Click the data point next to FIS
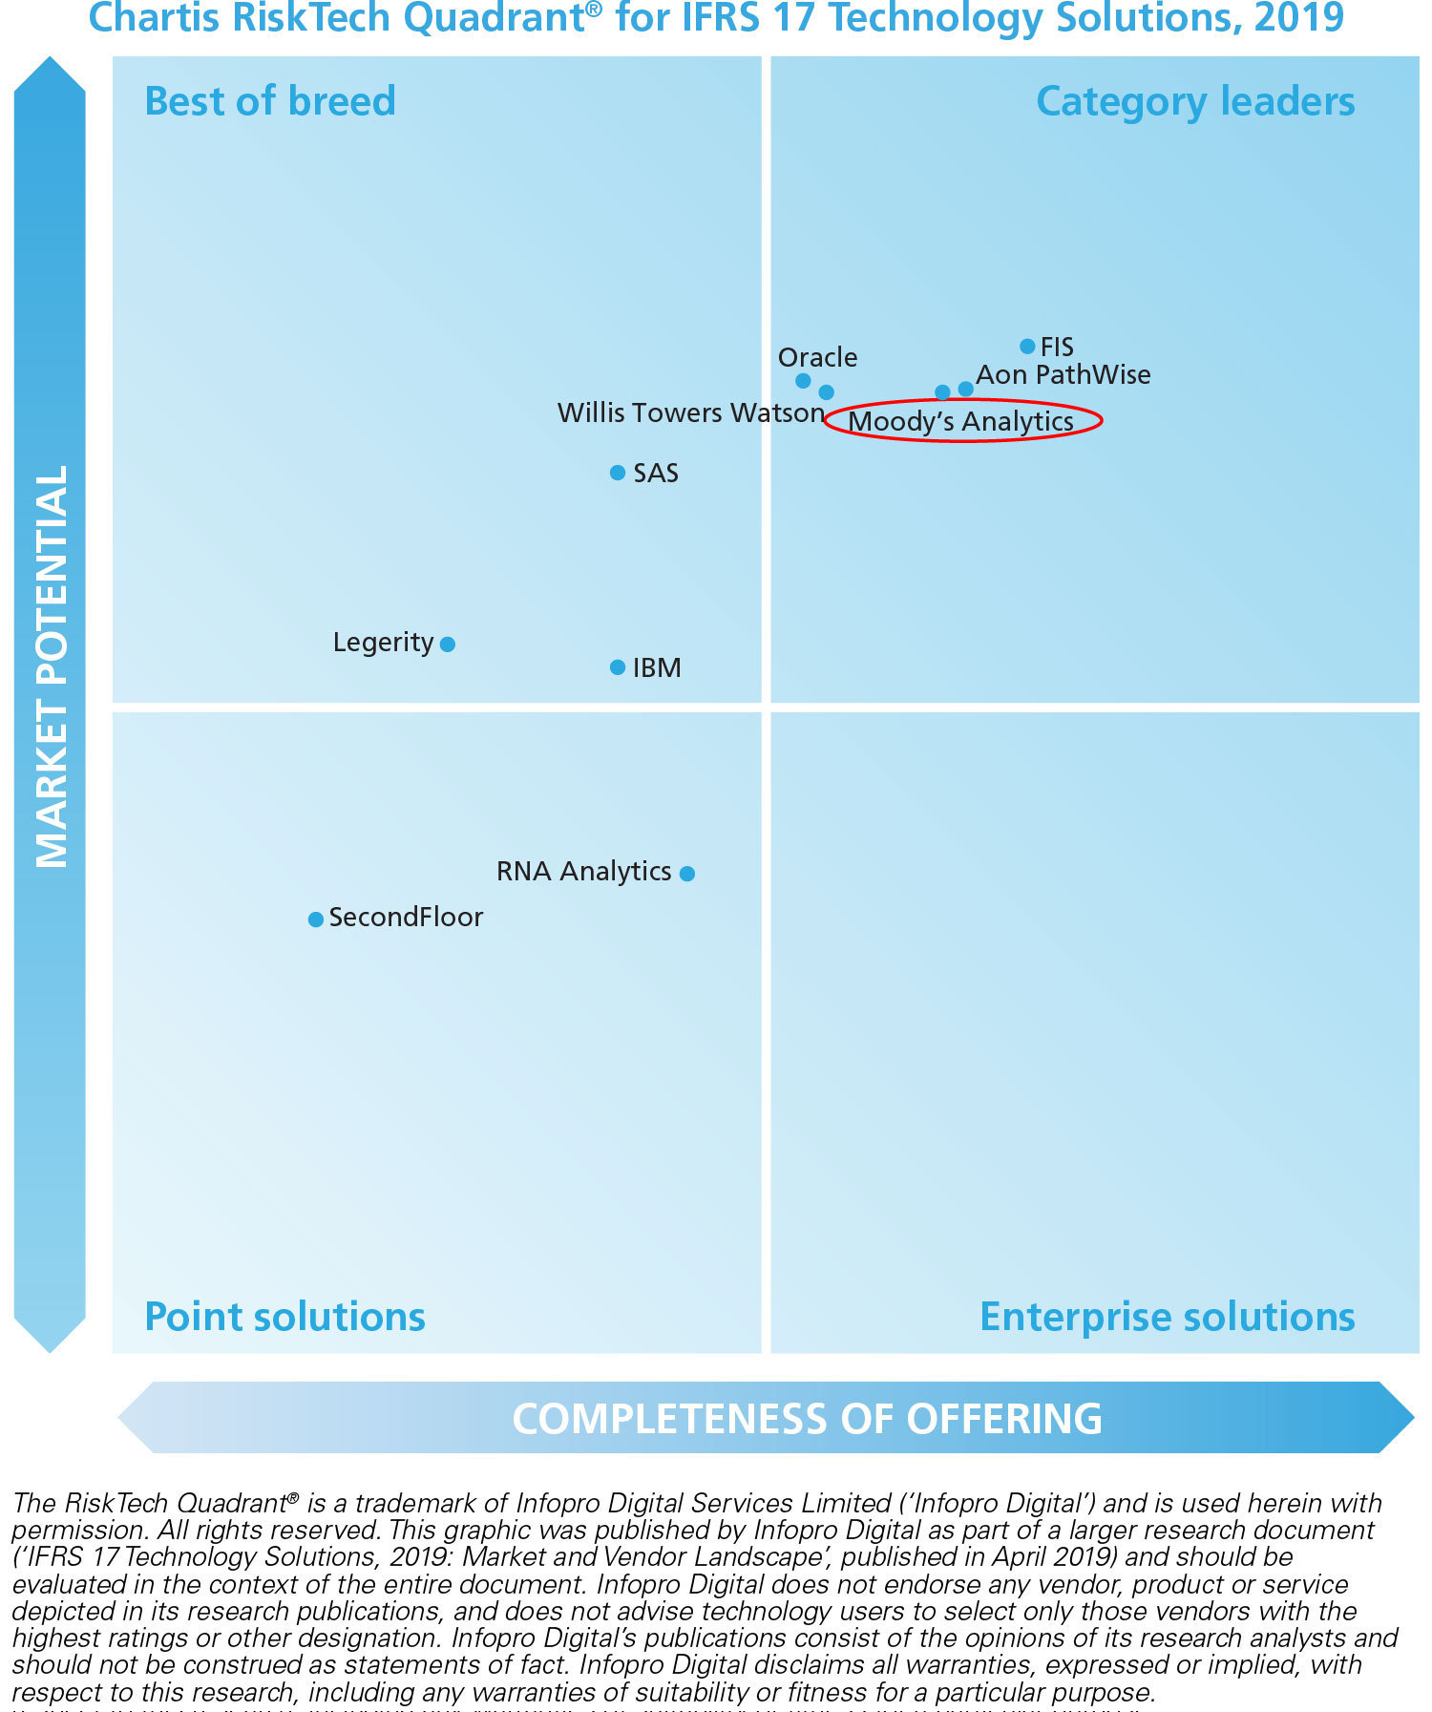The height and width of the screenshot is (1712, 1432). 1027,347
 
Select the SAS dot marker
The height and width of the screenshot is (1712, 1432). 618,473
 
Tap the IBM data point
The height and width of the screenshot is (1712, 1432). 618,667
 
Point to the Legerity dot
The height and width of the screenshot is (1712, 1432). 448,645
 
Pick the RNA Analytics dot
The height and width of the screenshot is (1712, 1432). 687,873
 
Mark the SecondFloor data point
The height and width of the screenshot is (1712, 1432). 316,919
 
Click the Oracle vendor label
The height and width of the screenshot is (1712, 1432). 817,358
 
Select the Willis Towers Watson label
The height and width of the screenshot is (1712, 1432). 690,413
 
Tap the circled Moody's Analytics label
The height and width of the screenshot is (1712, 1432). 961,421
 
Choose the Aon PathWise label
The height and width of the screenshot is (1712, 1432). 1063,375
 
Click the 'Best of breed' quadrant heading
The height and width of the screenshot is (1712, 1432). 270,101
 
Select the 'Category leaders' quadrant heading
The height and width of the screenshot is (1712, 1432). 1195,101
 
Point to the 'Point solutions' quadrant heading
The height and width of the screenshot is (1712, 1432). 284,1317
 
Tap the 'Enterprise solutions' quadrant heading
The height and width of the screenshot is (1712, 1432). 1168,1317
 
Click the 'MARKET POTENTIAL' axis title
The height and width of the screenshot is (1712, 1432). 52,666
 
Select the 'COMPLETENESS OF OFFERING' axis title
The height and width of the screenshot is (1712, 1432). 808,1419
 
